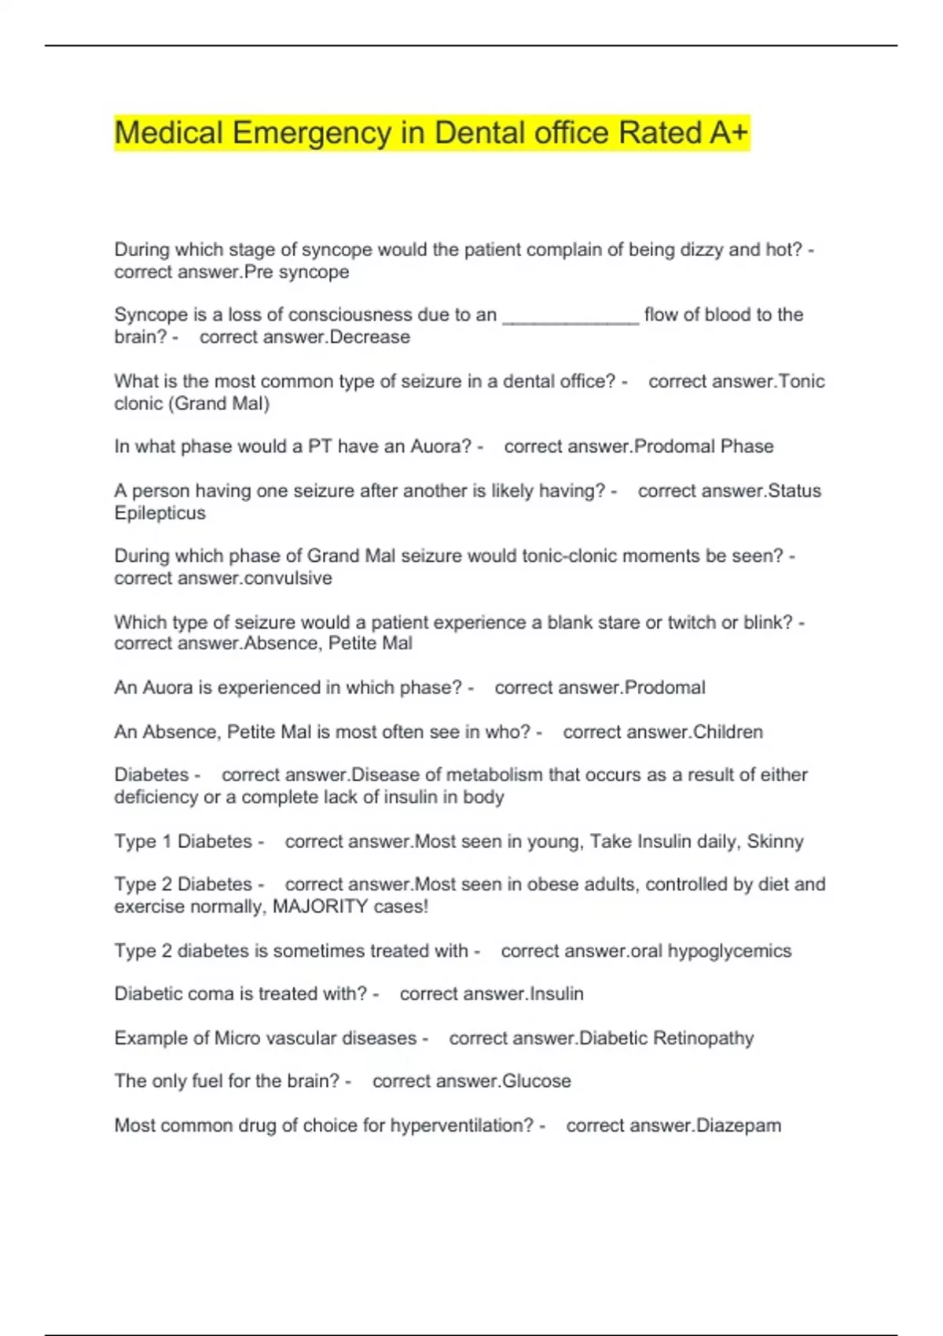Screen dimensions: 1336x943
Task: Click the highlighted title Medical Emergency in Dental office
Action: [431, 133]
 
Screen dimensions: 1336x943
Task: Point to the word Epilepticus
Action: [160, 513]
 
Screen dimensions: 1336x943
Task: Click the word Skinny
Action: [775, 842]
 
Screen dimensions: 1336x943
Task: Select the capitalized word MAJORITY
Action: [320, 907]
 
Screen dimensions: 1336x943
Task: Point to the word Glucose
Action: [537, 1081]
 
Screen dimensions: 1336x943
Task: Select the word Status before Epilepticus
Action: [794, 491]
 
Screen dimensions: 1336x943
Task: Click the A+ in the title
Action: [728, 133]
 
